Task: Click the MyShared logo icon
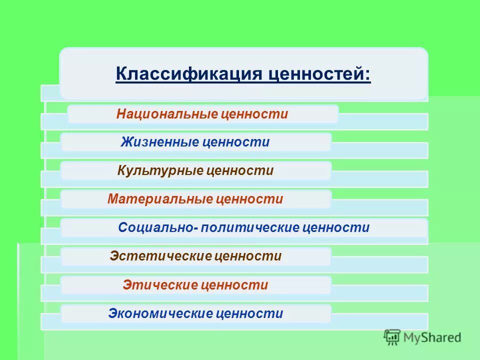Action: point(392,337)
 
